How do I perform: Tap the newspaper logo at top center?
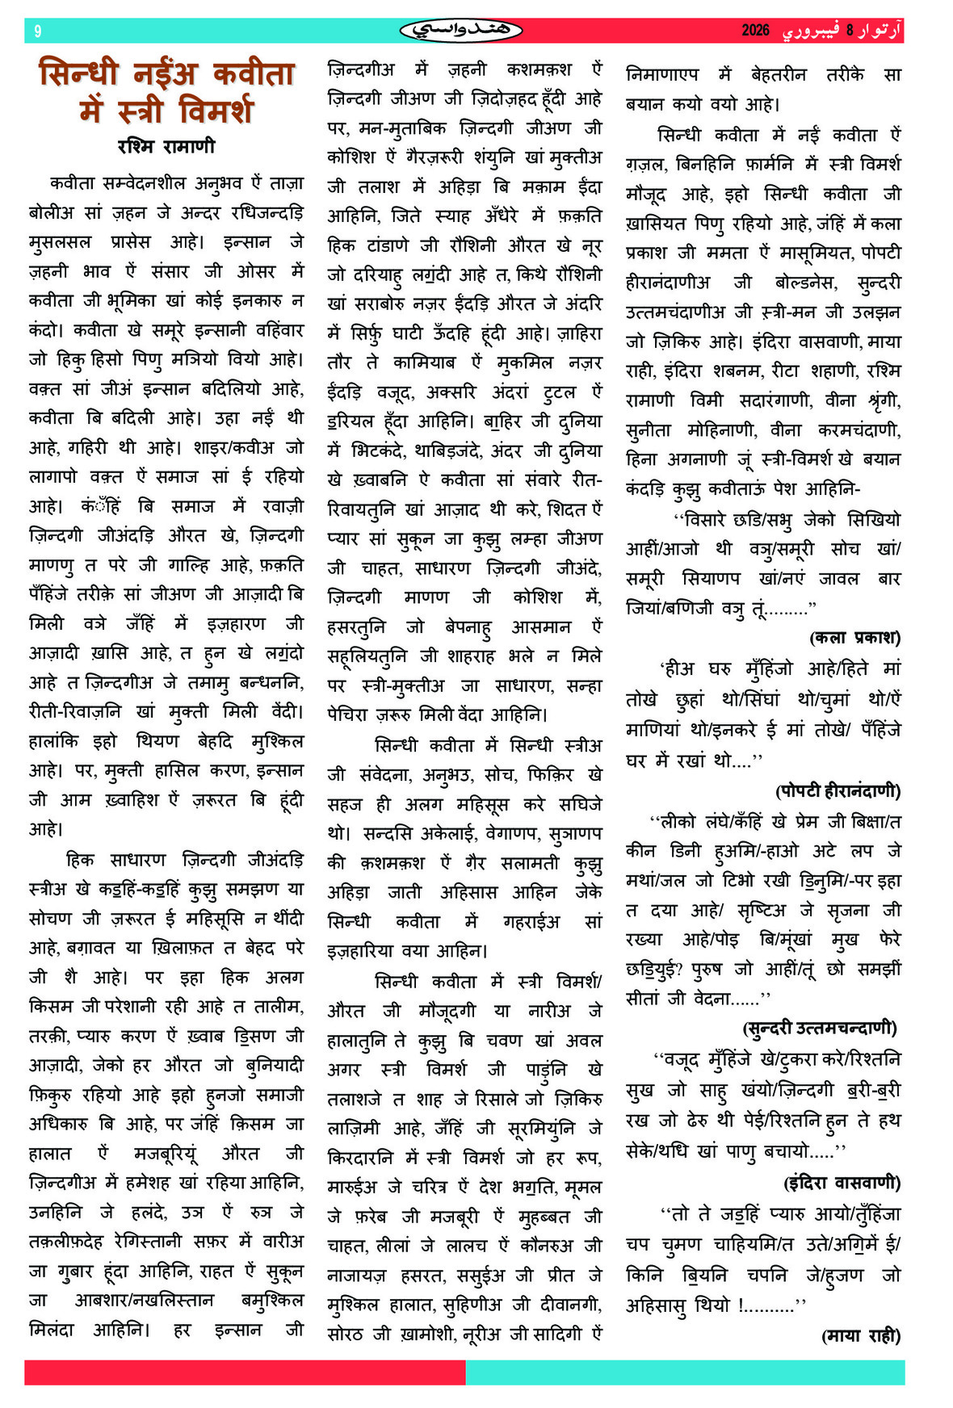pos(461,31)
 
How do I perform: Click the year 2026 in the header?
pos(755,31)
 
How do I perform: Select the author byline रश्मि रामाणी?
pos(166,146)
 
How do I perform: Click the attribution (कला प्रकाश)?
pos(854,638)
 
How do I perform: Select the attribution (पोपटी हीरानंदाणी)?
pos(838,790)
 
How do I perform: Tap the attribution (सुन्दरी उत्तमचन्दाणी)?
pos(821,1028)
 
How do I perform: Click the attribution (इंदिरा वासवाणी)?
pos(842,1183)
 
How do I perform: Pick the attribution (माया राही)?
pos(860,1336)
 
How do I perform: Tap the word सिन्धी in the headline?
pos(79,73)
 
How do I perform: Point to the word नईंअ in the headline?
pos(166,73)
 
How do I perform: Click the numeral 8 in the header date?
pos(850,31)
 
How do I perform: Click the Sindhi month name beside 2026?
pos(810,31)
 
